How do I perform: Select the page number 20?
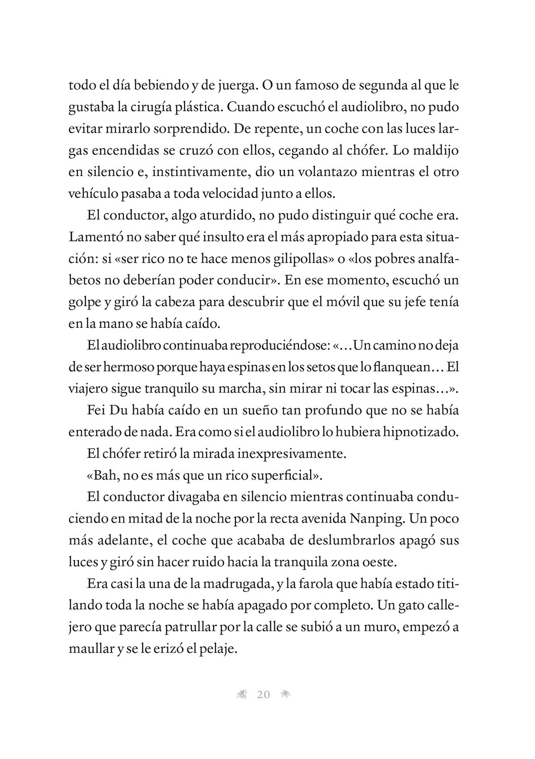click(x=264, y=695)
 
